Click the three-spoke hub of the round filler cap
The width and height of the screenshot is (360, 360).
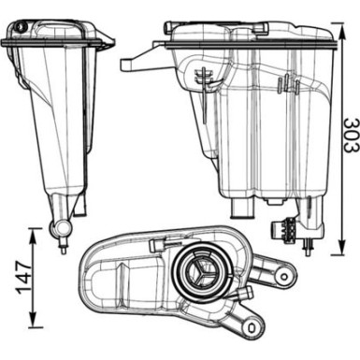202,273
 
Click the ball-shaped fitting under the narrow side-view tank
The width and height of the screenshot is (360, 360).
63,226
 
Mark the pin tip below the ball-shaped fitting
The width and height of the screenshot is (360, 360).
63,248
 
